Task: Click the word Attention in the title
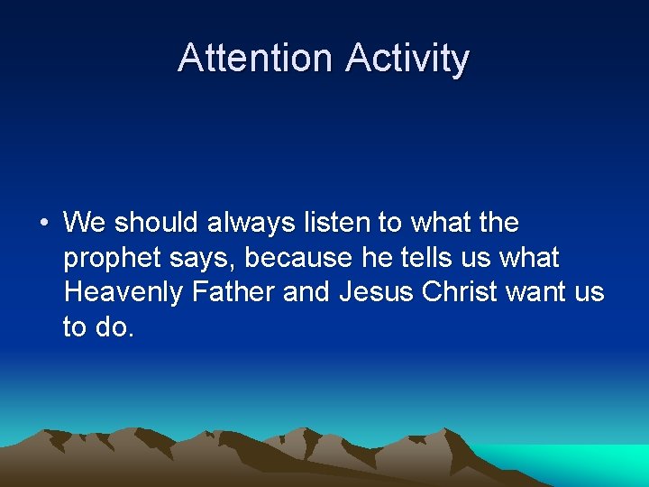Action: pyautogui.click(x=255, y=59)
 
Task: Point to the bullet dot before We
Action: pyautogui.click(x=43, y=223)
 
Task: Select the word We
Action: pyautogui.click(x=85, y=222)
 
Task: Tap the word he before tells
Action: pyautogui.click(x=374, y=258)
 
